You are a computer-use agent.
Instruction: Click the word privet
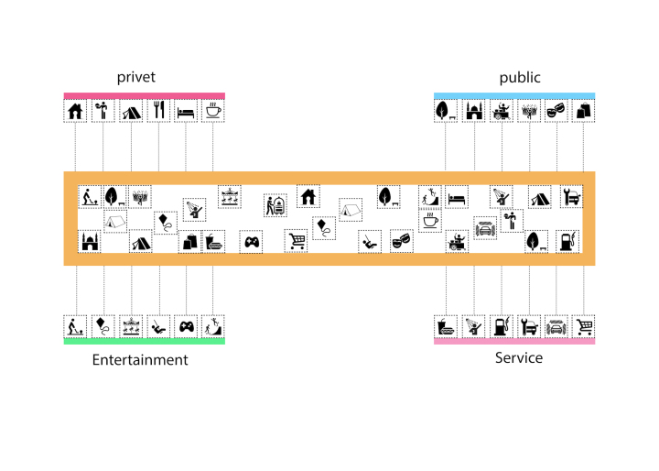(135, 78)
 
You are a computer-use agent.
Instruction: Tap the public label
(520, 78)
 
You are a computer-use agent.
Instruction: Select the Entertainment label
(140, 360)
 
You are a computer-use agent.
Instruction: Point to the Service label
(519, 357)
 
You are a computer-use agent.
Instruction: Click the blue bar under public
(514, 95)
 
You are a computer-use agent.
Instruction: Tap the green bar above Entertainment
(145, 342)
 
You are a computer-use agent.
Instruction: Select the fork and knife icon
(158, 110)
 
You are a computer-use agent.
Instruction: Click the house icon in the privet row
(75, 111)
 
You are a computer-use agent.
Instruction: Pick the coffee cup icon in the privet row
(212, 111)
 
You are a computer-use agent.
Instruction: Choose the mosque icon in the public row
(474, 111)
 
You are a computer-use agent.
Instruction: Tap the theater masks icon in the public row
(556, 112)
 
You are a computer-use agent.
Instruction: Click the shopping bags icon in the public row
(583, 111)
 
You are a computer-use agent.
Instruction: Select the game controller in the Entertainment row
(186, 326)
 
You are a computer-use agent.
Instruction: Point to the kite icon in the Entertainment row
(103, 326)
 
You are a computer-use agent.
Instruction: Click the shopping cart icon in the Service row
(584, 326)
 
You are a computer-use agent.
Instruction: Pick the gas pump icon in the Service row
(502, 326)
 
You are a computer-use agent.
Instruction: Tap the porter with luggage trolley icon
(275, 205)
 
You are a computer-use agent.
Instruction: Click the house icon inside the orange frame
(308, 197)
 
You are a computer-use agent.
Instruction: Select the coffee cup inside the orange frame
(430, 220)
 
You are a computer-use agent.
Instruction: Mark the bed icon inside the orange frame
(457, 198)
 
